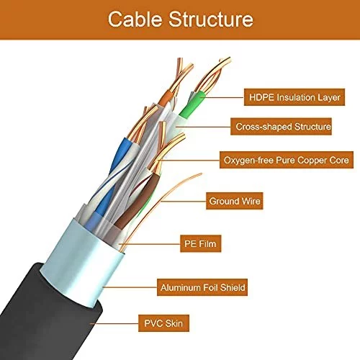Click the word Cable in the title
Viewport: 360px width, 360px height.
point(135,19)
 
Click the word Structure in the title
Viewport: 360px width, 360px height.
point(211,19)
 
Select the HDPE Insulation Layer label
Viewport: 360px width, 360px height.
point(294,97)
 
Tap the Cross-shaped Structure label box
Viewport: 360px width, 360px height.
point(281,126)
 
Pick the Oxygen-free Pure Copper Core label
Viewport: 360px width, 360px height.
point(287,160)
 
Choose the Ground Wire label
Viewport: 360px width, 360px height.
point(235,201)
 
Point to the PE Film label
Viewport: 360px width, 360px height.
point(201,243)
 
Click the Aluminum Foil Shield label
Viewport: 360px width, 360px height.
point(202,287)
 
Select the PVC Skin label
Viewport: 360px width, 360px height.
point(163,323)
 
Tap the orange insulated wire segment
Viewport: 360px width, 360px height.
point(166,99)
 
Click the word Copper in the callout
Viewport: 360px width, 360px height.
point(313,160)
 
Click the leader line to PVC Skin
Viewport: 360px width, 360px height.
point(114,323)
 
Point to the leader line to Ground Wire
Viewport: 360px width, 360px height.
point(184,201)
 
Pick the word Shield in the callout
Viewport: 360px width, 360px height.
point(233,287)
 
